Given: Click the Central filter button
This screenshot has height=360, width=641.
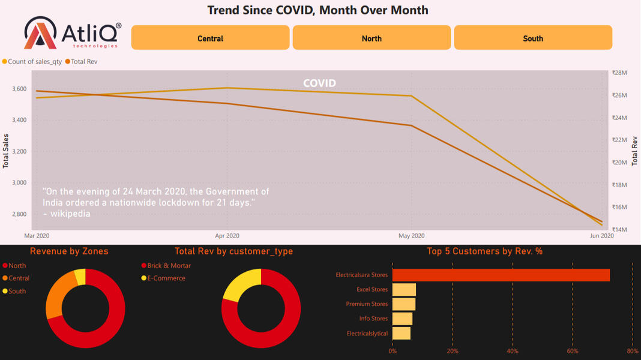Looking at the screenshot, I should [x=210, y=38].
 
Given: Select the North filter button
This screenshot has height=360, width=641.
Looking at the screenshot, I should [x=372, y=38].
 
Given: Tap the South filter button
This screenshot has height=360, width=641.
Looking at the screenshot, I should [x=533, y=38].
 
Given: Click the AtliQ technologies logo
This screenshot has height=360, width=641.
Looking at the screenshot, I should [x=73, y=33].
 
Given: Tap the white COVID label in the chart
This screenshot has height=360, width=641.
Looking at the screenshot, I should [x=319, y=83].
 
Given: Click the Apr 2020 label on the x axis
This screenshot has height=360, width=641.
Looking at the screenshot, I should [x=227, y=236].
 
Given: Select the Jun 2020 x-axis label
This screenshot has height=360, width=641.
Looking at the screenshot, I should [x=602, y=236].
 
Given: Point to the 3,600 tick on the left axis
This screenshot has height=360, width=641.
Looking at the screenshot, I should [x=19, y=89].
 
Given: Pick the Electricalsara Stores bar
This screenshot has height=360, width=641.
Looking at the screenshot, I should [x=501, y=275].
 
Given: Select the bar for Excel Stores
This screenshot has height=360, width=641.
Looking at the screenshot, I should [x=404, y=290].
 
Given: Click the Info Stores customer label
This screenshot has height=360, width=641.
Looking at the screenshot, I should [x=373, y=319].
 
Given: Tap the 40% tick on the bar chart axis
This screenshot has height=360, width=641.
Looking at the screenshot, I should [x=513, y=351].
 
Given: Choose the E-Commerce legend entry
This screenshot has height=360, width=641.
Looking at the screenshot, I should [x=166, y=278].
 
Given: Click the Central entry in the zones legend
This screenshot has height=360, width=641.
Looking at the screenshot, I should [x=19, y=278].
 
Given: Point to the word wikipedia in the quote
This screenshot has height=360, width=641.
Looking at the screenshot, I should [x=70, y=213].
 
